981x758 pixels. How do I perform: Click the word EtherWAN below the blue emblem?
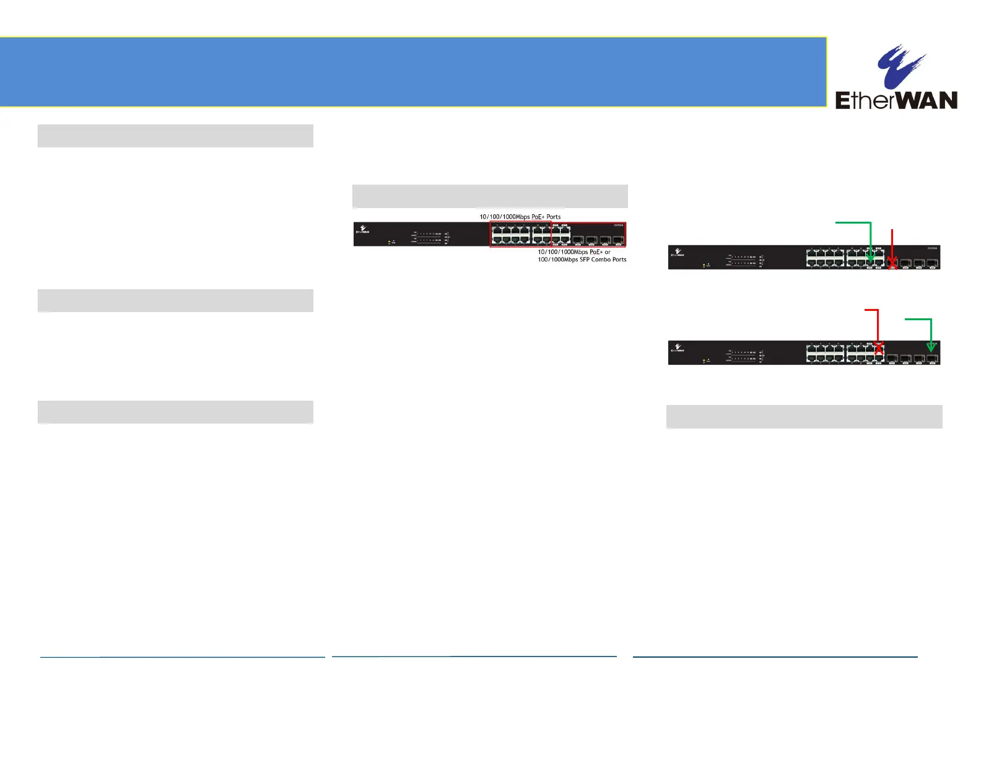point(896,100)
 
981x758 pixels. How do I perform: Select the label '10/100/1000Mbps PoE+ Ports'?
point(520,217)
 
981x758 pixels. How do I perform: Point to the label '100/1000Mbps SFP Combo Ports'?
point(582,259)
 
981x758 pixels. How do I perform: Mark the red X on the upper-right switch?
point(892,264)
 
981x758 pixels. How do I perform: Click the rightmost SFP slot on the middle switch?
point(617,239)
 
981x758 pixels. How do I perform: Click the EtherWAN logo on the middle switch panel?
point(362,230)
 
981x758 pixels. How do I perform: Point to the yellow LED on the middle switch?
point(389,242)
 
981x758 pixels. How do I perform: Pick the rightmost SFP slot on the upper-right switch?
point(932,263)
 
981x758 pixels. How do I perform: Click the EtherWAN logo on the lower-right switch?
point(677,348)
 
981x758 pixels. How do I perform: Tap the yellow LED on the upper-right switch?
point(704,266)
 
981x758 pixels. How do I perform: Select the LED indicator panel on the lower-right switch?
point(743,355)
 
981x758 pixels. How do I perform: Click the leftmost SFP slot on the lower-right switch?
point(892,358)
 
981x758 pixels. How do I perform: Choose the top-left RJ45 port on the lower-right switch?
point(811,349)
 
